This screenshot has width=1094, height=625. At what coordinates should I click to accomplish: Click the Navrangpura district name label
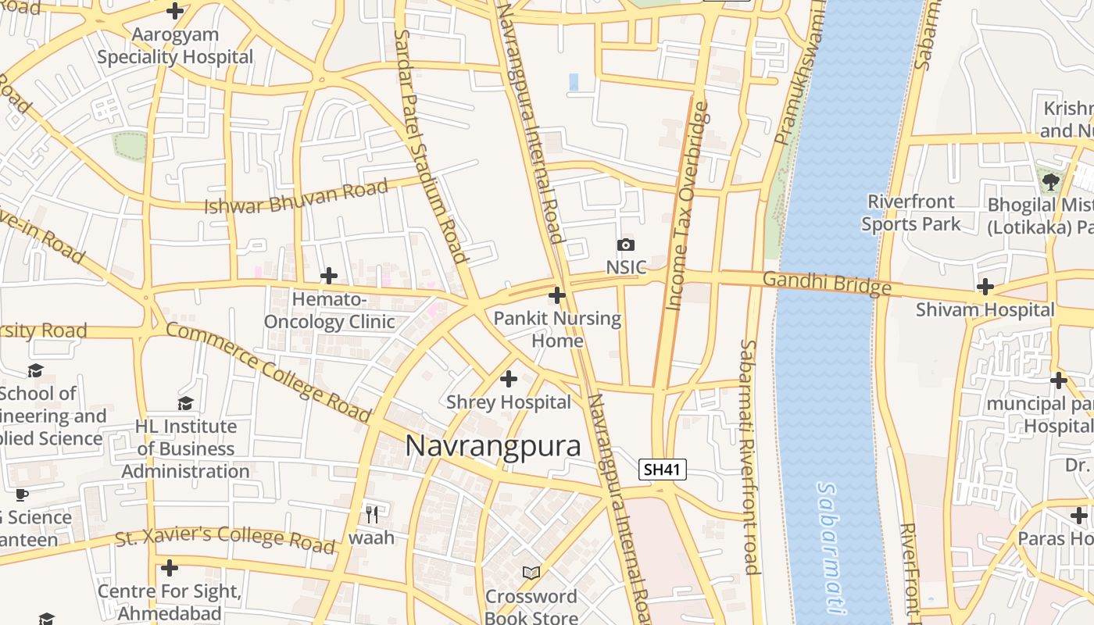[493, 446]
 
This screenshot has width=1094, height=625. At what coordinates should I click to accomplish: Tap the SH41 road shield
[662, 470]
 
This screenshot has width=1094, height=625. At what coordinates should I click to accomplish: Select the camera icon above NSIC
[625, 245]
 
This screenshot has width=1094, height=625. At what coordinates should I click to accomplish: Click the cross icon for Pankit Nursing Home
[557, 295]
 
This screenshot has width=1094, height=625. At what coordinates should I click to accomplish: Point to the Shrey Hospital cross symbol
[509, 379]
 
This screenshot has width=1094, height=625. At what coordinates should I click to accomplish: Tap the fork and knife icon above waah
[372, 514]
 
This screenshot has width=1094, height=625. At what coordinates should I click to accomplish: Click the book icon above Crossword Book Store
[531, 573]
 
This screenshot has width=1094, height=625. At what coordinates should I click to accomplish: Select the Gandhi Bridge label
[826, 282]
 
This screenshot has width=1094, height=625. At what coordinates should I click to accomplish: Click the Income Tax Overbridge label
[688, 205]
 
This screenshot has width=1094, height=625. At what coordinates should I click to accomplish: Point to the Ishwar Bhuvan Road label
[296, 197]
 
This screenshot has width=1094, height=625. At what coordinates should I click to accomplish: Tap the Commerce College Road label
[267, 372]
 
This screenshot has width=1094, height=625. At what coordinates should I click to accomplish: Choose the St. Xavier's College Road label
[225, 539]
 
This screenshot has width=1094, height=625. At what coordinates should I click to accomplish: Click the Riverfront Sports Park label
[911, 212]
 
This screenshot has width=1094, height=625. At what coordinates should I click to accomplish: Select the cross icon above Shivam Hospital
[985, 287]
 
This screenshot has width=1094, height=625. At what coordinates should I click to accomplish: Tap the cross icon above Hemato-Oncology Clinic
[329, 276]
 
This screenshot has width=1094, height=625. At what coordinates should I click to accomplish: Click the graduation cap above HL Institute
[185, 403]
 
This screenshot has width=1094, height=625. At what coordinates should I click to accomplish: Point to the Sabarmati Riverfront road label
[749, 456]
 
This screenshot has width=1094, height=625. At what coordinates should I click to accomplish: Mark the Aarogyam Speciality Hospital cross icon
[175, 11]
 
